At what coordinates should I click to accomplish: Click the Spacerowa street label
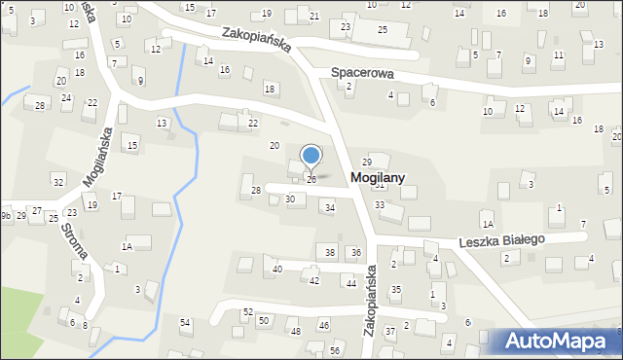pyautogui.click(x=362, y=72)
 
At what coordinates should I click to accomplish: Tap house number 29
pyautogui.click(x=367, y=162)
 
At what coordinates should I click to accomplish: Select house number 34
pyautogui.click(x=330, y=208)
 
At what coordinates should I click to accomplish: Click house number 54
pyautogui.click(x=185, y=322)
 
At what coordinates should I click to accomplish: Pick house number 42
pyautogui.click(x=313, y=280)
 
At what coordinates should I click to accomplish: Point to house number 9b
pyautogui.click(x=7, y=215)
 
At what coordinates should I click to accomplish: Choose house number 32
pyautogui.click(x=58, y=183)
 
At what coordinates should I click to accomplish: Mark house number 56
pyautogui.click(x=335, y=350)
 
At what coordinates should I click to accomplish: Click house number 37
pyautogui.click(x=389, y=332)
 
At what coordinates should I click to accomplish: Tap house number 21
pyautogui.click(x=313, y=17)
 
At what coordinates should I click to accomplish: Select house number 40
pyautogui.click(x=277, y=269)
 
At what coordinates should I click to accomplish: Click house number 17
pyautogui.click(x=116, y=198)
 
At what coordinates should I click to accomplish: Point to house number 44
pyautogui.click(x=350, y=283)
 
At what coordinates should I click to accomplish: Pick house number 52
pyautogui.click(x=248, y=312)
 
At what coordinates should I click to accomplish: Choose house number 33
pyautogui.click(x=380, y=205)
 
